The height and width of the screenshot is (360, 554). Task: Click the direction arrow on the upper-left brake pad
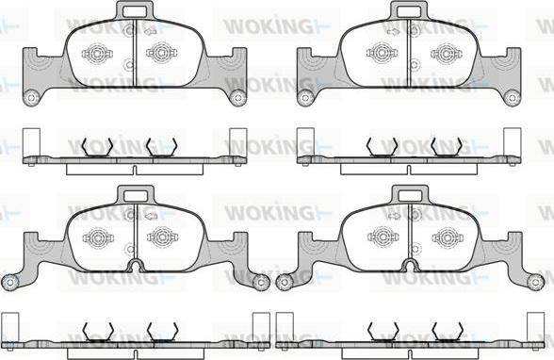tap(151, 31)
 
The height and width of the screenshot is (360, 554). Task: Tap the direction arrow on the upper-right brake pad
tap(393, 32)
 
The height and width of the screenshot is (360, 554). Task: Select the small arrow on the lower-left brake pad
tap(151, 216)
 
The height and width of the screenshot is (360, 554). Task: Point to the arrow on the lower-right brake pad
tap(393, 216)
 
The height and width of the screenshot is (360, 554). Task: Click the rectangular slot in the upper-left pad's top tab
tap(135, 11)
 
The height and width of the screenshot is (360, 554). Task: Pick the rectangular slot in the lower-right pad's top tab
tap(410, 196)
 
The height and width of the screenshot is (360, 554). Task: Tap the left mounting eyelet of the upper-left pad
tap(31, 97)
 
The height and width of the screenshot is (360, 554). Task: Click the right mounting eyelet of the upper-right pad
tap(512, 97)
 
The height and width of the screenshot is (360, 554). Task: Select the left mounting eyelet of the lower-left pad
tap(10, 282)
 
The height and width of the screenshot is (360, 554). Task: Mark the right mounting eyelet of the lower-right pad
tap(535, 282)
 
